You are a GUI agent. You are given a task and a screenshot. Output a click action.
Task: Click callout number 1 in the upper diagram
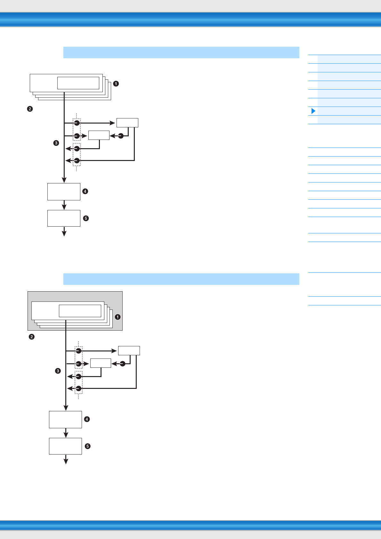coord(116,84)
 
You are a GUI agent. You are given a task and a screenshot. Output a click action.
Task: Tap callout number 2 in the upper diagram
coord(30,109)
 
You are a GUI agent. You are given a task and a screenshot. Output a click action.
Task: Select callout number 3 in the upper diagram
coord(56,143)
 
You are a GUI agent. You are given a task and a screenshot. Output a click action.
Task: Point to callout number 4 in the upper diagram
coord(85,191)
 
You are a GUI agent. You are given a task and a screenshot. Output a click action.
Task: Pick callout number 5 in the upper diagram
coord(85,218)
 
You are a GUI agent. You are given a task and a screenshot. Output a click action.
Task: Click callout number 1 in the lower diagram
coord(118,317)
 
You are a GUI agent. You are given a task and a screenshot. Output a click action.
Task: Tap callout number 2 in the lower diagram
coord(31,337)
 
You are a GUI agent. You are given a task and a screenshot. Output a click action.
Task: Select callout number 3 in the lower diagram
coord(58,371)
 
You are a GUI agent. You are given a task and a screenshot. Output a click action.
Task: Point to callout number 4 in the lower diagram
coord(86,419)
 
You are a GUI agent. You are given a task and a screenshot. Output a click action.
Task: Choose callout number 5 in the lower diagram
coord(87,446)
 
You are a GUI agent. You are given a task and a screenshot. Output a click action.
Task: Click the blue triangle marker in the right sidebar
coord(313,111)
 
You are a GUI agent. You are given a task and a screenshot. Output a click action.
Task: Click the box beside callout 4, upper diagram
coord(64,192)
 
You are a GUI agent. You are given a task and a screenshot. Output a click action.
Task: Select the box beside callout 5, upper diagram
coord(64,218)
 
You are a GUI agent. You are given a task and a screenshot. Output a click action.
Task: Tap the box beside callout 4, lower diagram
coord(65,420)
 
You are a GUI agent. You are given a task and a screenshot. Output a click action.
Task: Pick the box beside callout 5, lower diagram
coord(65,446)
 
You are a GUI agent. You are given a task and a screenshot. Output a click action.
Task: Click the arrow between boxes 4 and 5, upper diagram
coord(64,205)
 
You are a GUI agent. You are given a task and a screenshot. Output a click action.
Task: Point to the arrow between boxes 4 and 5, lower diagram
coord(66,433)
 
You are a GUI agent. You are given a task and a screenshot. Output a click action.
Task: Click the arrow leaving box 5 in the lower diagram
coord(66,459)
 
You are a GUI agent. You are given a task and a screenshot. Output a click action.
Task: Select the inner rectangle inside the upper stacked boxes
coord(78,83)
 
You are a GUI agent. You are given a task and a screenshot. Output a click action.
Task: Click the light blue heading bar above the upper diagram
coord(181,52)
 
